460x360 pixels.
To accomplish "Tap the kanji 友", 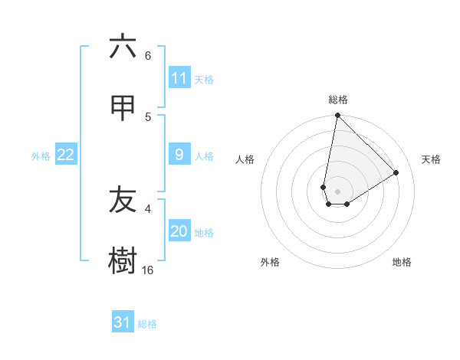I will (123, 200).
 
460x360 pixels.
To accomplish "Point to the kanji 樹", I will (123, 260).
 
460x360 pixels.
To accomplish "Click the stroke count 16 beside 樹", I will (148, 270).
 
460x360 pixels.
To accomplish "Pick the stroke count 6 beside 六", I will (148, 55).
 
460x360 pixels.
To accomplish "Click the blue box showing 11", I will (179, 78).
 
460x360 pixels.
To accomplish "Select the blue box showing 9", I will (179, 155).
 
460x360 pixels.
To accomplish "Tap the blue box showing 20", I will (179, 232).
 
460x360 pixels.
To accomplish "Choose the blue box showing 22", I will (66, 155).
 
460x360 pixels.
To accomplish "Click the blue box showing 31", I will (123, 322).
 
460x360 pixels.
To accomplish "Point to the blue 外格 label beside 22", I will (41, 156).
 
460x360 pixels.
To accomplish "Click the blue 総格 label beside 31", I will (147, 324).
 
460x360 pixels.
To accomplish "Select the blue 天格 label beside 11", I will (204, 80).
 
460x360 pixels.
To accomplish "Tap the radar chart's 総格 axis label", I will (338, 100).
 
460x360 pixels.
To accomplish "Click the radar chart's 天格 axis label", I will (431, 159).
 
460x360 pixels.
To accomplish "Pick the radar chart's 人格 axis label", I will (245, 159).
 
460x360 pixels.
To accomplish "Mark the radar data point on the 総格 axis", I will (337, 116).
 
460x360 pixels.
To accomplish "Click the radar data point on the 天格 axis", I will (396, 172).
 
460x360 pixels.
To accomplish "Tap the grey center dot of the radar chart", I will (337, 191).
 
